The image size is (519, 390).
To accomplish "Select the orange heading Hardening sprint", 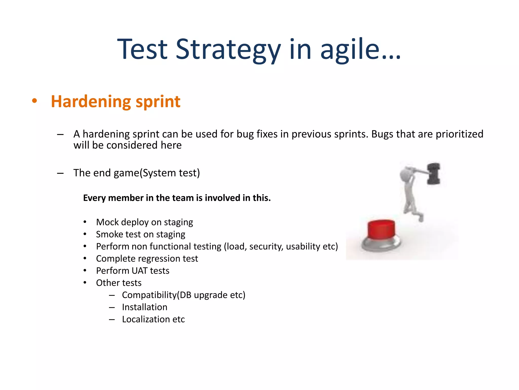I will click(116, 101).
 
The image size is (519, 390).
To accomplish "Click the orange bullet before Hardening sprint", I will click(34, 101).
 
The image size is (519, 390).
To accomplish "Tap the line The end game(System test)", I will click(137, 173).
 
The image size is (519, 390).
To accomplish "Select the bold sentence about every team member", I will click(177, 198).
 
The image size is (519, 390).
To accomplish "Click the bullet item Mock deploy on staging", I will click(144, 222).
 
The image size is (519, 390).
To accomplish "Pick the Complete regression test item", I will click(147, 258).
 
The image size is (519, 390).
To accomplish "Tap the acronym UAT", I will click(139, 271).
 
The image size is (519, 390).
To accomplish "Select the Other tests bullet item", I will click(119, 283).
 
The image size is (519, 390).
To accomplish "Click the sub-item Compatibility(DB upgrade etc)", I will click(183, 295).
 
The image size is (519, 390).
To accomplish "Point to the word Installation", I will click(144, 307).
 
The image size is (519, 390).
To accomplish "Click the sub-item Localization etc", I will click(153, 319).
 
